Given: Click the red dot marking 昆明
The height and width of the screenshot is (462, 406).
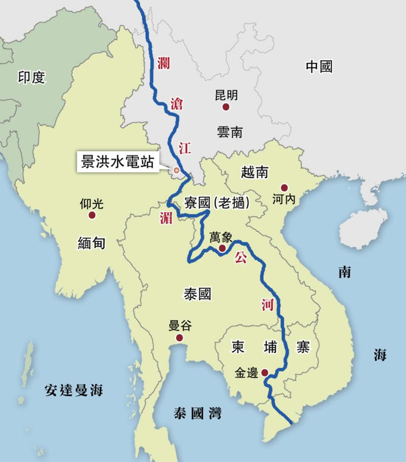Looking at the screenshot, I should (226, 107).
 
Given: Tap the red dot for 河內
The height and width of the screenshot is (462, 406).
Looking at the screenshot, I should (284, 188).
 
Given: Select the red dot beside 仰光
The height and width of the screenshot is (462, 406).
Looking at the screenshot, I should (92, 215).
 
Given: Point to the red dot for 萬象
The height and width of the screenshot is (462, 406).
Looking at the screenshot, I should (222, 248).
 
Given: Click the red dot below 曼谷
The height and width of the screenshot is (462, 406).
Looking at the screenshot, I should (180, 338).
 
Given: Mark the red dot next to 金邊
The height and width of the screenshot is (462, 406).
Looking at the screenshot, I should (265, 372).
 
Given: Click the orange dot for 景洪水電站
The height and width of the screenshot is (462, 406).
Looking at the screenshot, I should (176, 170).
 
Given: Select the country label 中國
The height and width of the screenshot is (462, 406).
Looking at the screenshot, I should (319, 66).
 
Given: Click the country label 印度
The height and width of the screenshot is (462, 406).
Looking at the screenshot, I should (31, 77).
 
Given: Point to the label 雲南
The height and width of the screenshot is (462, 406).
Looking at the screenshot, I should (229, 132).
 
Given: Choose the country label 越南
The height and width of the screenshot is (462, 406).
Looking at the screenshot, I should (255, 172).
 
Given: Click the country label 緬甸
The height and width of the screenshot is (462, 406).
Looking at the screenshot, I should (92, 243).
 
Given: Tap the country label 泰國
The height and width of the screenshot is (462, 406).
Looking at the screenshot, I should (198, 294).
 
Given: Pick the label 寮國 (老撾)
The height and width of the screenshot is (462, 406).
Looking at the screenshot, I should (217, 203).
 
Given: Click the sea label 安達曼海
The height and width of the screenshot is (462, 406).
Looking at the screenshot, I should (73, 391).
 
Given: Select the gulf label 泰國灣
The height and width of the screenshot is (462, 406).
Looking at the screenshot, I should (198, 413).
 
